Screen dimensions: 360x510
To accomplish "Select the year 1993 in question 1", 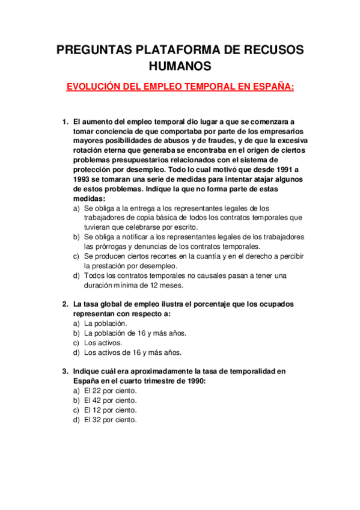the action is coord(82,179).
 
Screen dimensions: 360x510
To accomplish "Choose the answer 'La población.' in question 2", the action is coord(105,323).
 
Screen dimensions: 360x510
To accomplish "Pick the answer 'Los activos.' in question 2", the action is coord(103,343).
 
